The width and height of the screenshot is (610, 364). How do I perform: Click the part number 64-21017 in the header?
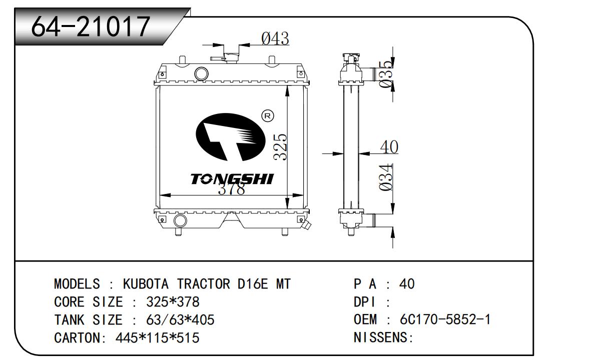tap(91, 26)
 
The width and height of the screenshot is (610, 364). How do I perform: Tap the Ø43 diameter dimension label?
tap(275, 38)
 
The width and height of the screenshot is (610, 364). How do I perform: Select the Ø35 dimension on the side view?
tap(387, 73)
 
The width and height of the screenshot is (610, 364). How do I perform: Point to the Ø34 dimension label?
tap(386, 177)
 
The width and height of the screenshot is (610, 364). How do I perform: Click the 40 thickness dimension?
tap(389, 146)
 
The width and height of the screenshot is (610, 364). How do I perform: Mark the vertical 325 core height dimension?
tap(280, 147)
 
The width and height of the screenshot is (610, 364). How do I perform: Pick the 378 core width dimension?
tap(232, 188)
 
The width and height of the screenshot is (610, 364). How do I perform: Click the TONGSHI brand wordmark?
tap(232, 179)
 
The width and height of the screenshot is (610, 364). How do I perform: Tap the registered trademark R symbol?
tap(268, 116)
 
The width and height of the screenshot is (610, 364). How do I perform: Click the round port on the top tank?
tap(202, 73)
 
